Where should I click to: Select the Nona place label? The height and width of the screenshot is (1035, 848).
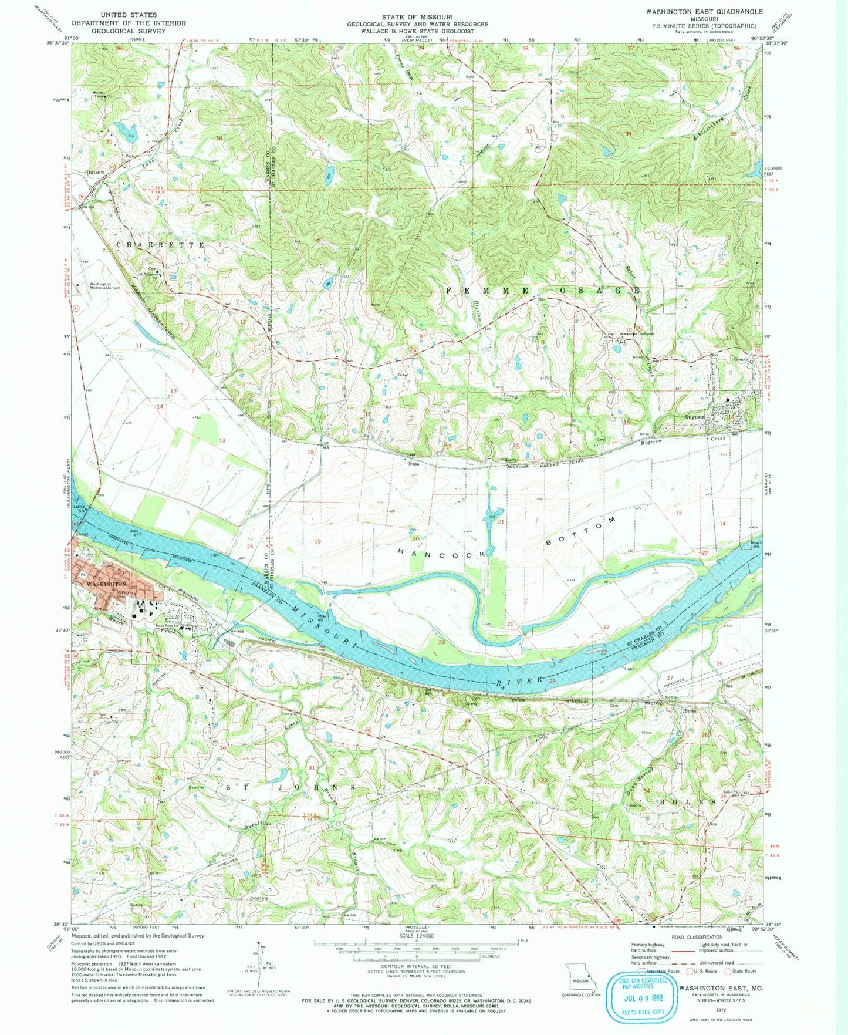point(413,463)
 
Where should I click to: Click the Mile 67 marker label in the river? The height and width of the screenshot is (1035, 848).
point(136,533)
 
